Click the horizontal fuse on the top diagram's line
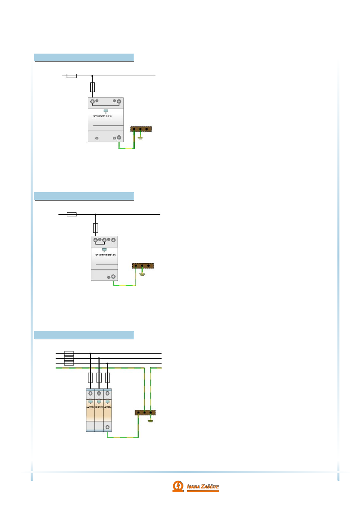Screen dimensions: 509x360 [71, 76]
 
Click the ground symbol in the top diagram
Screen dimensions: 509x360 [140, 138]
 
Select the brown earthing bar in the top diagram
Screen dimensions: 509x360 [141, 129]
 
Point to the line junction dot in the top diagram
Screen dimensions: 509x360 [92, 76]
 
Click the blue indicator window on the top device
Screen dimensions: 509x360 [106, 110]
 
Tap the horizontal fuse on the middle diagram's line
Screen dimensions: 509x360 [71, 215]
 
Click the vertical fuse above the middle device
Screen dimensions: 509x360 [96, 228]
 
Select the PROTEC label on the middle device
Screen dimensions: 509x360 [106, 255]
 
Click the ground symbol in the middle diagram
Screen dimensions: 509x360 [142, 274]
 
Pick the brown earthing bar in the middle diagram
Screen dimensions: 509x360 [143, 265]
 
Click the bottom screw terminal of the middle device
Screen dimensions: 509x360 [113, 277]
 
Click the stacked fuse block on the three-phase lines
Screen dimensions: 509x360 [69, 358]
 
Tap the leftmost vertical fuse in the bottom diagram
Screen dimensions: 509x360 [90, 378]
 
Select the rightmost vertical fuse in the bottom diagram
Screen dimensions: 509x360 [107, 378]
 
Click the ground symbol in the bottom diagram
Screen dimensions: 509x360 [150, 421]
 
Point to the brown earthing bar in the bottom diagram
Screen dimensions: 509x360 [145, 412]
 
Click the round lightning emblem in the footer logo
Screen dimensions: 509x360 [178, 486]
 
